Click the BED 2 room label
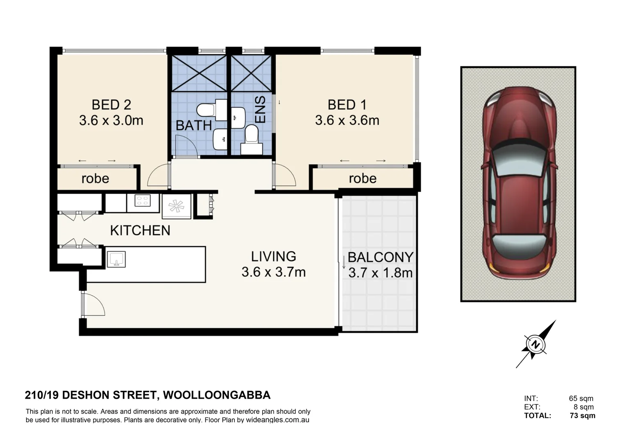111,105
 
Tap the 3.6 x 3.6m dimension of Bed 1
347,121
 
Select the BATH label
193,126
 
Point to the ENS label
261,110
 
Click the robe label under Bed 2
95,178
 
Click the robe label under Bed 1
363,178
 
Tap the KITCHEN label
140,231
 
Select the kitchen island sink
116,260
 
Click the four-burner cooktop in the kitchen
143,201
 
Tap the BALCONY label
380,258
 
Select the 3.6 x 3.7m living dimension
273,272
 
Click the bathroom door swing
184,145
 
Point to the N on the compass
535,344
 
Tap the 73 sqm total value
582,416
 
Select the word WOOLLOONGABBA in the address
217,395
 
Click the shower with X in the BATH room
199,73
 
